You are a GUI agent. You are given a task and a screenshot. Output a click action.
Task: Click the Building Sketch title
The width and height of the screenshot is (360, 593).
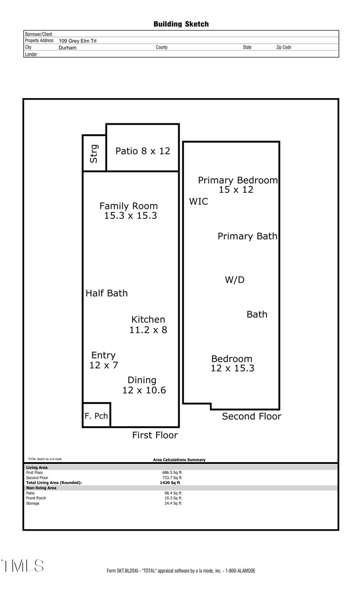click(181, 24)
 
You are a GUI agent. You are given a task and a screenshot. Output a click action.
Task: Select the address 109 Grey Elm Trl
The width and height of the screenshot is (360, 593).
click(77, 41)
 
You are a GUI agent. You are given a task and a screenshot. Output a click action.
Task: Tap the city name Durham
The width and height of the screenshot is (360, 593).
click(67, 48)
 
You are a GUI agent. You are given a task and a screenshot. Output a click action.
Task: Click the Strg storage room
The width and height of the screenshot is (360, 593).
click(94, 153)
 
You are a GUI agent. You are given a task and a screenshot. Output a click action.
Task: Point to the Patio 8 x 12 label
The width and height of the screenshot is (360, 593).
click(143, 151)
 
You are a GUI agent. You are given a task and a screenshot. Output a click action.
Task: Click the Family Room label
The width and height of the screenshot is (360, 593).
click(129, 211)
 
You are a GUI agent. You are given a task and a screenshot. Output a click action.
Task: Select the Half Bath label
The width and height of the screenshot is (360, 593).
click(107, 293)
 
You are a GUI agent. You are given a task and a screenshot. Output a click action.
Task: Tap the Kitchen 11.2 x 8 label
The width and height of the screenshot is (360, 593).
click(148, 325)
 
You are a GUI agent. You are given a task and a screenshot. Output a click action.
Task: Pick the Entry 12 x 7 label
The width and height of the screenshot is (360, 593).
click(103, 360)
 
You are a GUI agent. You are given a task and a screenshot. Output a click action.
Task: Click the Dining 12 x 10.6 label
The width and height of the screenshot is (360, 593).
click(144, 385)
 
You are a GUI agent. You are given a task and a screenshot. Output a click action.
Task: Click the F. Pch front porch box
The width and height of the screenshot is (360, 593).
click(96, 415)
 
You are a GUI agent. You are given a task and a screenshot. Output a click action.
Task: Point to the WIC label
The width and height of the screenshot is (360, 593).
click(198, 201)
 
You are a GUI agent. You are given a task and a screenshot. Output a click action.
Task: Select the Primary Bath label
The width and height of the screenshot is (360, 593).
click(247, 236)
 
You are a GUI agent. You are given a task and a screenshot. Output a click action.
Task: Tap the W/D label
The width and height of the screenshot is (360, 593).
click(234, 280)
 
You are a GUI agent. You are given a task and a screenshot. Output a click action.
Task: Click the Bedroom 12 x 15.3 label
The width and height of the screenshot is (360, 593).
click(232, 363)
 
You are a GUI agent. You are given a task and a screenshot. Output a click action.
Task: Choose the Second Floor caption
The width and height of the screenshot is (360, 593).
click(252, 416)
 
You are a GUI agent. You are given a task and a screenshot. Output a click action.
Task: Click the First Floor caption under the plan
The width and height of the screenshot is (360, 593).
click(155, 435)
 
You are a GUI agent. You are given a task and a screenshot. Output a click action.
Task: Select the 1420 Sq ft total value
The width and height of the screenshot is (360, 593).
click(170, 483)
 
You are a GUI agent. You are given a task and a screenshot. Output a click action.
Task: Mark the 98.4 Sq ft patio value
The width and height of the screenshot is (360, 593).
click(173, 493)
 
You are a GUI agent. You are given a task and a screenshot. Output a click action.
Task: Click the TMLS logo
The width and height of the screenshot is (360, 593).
click(22, 566)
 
